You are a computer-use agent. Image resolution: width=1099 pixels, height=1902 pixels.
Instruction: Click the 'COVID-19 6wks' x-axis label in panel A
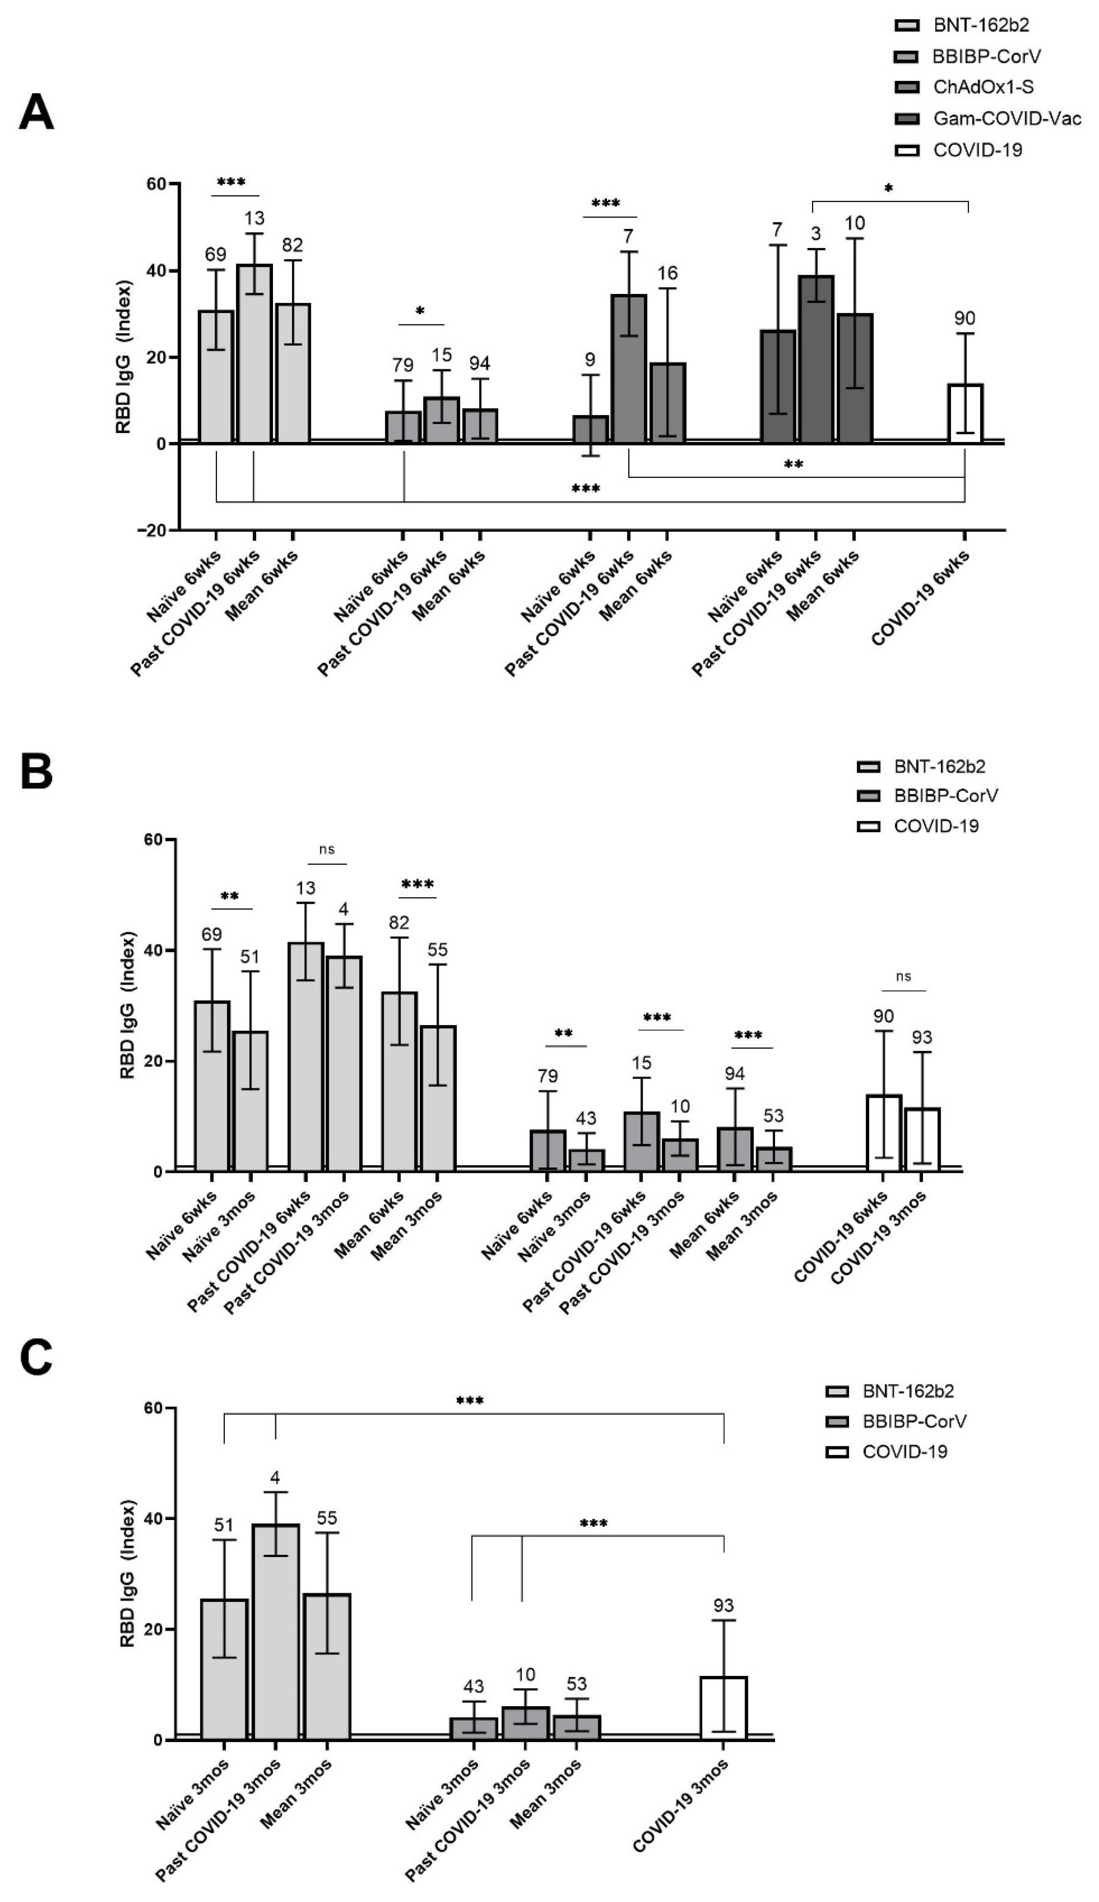921,598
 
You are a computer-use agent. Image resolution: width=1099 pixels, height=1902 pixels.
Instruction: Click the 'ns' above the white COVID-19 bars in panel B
904,976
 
